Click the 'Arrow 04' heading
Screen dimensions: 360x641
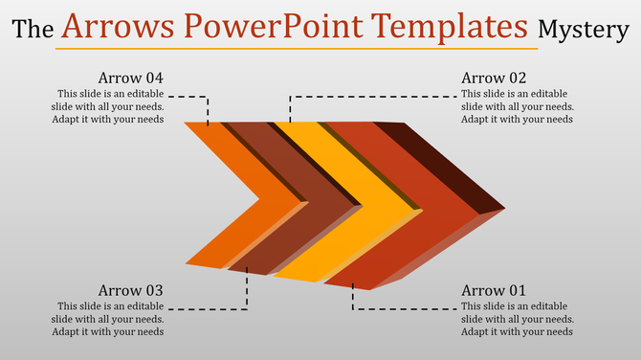coord(131,78)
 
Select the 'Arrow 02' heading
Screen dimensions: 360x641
coord(494,78)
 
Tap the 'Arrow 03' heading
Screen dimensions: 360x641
coord(131,290)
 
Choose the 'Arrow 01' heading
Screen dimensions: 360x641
coord(494,290)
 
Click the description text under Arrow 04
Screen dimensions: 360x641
coord(107,106)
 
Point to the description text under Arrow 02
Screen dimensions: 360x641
coord(517,106)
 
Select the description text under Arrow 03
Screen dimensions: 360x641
coord(107,319)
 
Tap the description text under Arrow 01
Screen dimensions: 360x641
coord(517,319)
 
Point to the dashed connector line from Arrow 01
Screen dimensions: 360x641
coord(402,309)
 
